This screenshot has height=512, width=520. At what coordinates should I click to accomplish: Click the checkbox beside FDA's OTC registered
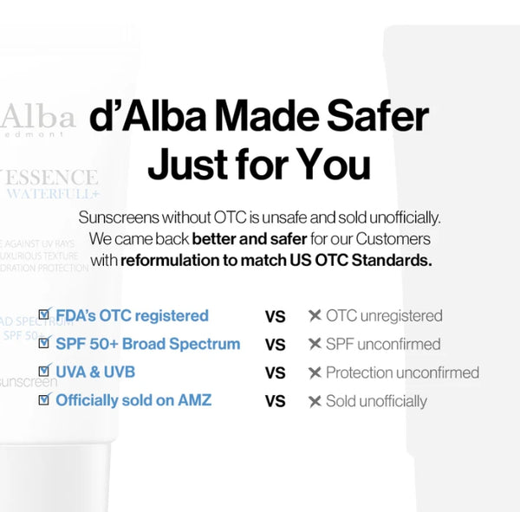tap(44, 315)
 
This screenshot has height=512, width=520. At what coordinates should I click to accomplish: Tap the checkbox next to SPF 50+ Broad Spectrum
tap(44, 344)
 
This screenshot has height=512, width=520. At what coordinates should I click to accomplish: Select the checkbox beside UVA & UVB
tap(44, 373)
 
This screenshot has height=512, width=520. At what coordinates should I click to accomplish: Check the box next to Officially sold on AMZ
tap(44, 400)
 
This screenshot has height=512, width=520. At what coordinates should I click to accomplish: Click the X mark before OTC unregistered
tap(315, 316)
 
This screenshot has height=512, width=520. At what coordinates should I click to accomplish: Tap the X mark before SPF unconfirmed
tap(315, 345)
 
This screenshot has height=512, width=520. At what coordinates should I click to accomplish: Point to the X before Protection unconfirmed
tap(315, 373)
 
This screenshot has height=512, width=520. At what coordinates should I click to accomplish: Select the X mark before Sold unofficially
tap(315, 401)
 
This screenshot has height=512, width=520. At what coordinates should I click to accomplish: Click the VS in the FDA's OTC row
tap(275, 316)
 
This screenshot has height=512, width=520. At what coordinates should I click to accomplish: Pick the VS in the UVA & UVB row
tap(275, 373)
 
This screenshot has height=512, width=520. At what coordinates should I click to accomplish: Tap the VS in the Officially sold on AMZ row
tap(275, 401)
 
